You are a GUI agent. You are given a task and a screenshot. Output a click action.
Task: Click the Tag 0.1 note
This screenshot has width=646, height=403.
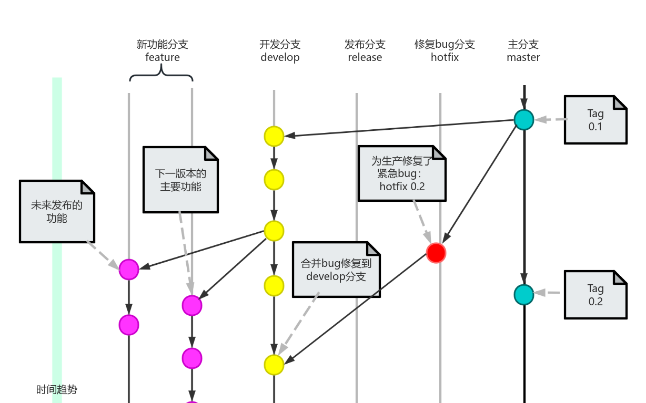(595, 120)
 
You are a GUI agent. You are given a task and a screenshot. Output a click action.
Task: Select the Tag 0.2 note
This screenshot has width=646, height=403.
(595, 295)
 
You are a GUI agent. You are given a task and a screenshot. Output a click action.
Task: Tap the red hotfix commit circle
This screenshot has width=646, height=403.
(436, 253)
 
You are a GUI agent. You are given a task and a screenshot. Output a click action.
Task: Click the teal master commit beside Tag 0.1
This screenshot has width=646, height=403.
(524, 120)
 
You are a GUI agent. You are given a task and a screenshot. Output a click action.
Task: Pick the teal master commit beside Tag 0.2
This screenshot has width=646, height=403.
(524, 295)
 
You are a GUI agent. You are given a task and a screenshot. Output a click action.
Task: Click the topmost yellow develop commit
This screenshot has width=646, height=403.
(274, 136)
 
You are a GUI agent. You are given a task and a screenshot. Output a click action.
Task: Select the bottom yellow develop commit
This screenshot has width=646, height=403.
(274, 365)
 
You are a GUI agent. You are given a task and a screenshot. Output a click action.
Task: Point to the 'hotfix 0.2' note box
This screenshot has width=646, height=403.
(402, 173)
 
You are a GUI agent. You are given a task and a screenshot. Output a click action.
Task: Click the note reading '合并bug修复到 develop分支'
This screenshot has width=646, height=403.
(336, 270)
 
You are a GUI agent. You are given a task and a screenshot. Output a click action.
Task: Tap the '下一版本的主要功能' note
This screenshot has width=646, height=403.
(180, 180)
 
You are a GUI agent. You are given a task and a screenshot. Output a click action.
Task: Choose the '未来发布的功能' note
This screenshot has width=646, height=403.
(57, 211)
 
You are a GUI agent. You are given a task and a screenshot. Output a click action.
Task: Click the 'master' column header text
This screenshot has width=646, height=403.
(523, 57)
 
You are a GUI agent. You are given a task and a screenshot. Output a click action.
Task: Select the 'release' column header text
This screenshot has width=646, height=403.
(365, 57)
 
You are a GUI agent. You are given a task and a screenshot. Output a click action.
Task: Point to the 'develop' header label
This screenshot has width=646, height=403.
(280, 57)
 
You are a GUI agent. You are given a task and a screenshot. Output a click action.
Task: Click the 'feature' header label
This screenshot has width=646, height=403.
(163, 57)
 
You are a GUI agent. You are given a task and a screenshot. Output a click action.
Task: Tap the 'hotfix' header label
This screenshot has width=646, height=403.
(445, 57)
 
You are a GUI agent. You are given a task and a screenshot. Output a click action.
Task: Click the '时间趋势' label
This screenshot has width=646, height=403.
(57, 390)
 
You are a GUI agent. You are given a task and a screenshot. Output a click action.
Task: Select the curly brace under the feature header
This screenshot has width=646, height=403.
(161, 77)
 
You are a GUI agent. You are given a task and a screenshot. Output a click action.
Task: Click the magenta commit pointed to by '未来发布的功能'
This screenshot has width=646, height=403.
(129, 270)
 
